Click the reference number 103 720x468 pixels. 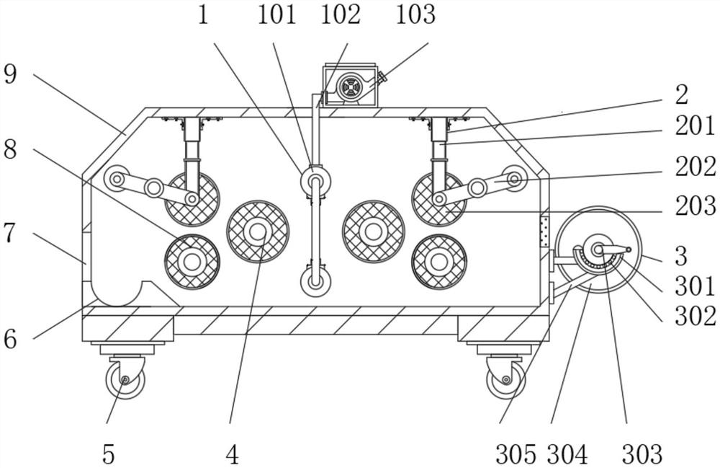[415, 14]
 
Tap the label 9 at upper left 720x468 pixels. [9, 74]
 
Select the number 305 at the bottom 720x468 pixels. [516, 454]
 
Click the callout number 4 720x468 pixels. [231, 454]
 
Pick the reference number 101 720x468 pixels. [277, 14]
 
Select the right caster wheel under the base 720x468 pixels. [505, 379]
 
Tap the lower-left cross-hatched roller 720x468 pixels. [192, 261]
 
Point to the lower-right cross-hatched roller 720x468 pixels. [438, 261]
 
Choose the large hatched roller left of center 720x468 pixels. [257, 231]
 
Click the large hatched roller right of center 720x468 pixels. [373, 231]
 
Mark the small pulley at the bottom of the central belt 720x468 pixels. [315, 281]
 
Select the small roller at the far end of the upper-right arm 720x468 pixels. [515, 178]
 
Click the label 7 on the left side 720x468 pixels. [9, 233]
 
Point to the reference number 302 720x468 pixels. [696, 316]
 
